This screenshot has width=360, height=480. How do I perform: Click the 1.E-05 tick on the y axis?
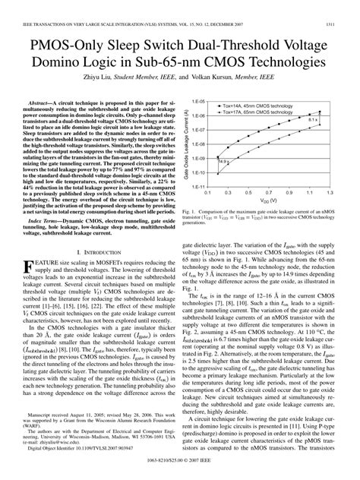[199, 100]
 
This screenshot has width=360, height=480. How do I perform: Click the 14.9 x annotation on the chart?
[224, 162]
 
